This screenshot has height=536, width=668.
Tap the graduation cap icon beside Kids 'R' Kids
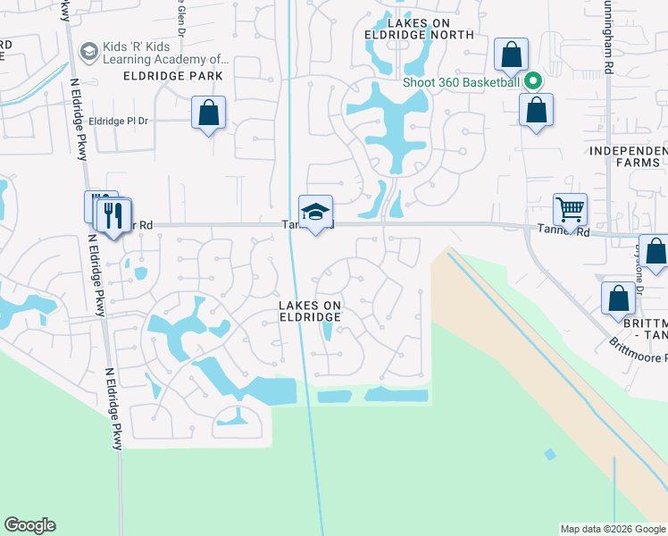(x=88, y=52)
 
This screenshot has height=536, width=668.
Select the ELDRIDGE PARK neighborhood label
(x=173, y=77)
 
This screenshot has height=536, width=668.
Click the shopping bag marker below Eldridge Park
(x=208, y=113)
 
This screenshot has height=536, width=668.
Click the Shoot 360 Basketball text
(x=461, y=82)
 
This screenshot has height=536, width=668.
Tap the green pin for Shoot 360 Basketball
(x=533, y=81)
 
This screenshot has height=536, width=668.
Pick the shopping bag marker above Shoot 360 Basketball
(x=511, y=55)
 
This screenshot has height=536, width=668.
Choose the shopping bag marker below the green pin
(x=536, y=111)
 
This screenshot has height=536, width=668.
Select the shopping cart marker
(x=570, y=210)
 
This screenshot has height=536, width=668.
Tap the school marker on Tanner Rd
(x=315, y=212)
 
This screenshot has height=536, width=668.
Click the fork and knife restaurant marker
(x=113, y=215)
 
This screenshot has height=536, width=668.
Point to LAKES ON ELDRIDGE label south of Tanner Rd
(x=310, y=311)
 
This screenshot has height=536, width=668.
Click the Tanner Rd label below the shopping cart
(x=564, y=230)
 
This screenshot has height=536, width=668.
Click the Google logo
(x=29, y=525)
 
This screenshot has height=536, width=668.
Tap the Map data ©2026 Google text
(x=613, y=529)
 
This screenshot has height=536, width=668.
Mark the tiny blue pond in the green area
(x=549, y=455)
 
